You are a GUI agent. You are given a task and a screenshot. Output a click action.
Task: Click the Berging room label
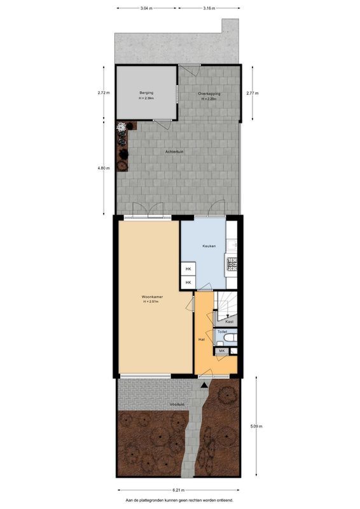[146, 93]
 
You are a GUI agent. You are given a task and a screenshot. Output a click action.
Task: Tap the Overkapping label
[209, 94]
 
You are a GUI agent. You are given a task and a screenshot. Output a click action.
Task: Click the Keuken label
[209, 246]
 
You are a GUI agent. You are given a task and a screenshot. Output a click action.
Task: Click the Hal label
[202, 339]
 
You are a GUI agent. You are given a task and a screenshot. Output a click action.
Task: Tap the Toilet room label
[222, 331]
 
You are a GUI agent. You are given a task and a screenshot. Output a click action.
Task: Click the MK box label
[222, 351]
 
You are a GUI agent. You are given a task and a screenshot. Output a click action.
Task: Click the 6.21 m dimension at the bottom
[179, 491]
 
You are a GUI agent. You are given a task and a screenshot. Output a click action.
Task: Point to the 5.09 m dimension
[254, 426]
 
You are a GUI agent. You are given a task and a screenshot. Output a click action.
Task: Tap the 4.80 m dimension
[102, 168]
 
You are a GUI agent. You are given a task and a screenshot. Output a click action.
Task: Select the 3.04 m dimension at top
[146, 8]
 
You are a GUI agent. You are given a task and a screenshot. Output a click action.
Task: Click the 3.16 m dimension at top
[209, 8]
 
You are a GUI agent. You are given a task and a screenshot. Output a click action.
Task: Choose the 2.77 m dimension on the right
[252, 94]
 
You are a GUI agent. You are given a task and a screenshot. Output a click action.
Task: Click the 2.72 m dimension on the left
[102, 93]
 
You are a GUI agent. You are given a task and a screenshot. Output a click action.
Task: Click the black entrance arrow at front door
[204, 385]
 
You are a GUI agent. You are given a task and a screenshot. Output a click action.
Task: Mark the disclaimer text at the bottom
[179, 501]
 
